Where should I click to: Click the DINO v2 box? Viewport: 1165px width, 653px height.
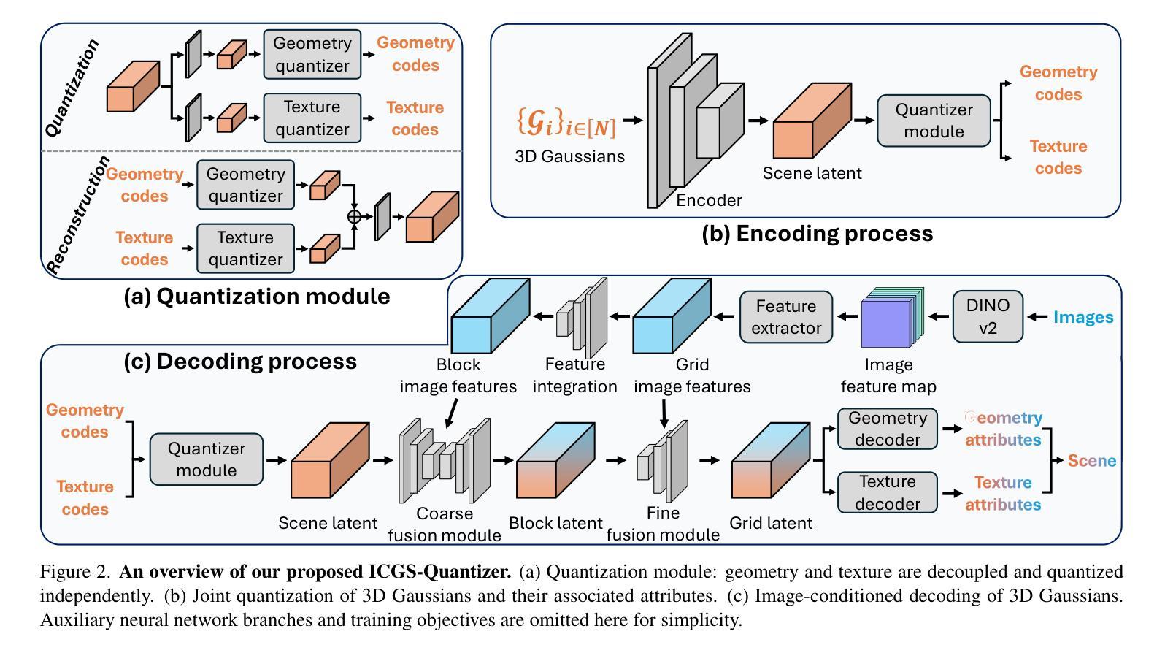click(x=988, y=317)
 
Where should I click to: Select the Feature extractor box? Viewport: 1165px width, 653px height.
click(x=786, y=317)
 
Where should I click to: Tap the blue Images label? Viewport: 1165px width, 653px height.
click(x=1083, y=317)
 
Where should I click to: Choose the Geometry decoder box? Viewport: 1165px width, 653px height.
click(x=887, y=429)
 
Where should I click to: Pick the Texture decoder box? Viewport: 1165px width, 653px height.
click(x=887, y=493)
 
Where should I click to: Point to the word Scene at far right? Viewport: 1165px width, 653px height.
click(x=1092, y=461)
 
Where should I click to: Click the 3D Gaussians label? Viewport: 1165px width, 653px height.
click(x=569, y=156)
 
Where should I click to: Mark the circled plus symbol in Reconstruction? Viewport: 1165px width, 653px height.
click(x=354, y=216)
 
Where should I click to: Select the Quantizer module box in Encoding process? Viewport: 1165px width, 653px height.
click(x=934, y=121)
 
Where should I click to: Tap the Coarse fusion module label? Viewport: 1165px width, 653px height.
click(x=444, y=524)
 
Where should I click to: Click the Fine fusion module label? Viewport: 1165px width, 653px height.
click(x=663, y=524)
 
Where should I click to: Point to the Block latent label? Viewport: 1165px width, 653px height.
click(x=555, y=523)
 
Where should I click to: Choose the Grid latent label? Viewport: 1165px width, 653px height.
click(x=771, y=523)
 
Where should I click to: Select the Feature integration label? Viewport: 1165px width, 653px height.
click(x=574, y=375)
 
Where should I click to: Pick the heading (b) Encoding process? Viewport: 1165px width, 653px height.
click(x=817, y=233)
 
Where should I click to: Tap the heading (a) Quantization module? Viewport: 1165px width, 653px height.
click(x=256, y=296)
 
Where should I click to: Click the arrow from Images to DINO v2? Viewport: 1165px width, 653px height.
click(x=1037, y=317)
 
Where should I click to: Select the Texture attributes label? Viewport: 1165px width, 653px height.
click(x=1003, y=494)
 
